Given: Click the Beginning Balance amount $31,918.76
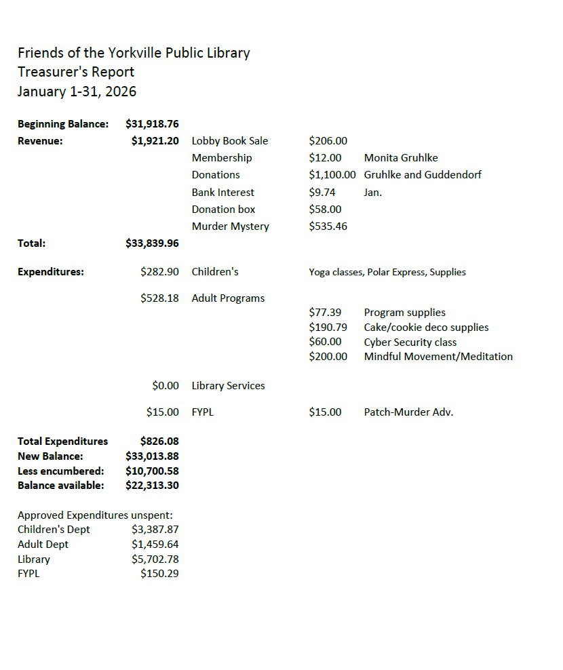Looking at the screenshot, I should [152, 124].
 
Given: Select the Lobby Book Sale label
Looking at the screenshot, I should [229, 141].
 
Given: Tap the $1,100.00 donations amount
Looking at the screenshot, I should [332, 175].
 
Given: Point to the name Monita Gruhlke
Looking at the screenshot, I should [400, 158].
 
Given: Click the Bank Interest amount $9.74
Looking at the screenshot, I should [322, 193].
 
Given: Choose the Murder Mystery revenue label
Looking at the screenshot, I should [230, 226].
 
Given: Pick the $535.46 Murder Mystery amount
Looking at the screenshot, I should [328, 226].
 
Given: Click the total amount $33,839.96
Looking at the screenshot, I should [152, 243].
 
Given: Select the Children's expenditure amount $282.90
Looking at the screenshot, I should [159, 272].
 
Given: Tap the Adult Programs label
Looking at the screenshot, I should [228, 298].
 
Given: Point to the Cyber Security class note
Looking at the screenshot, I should [410, 342].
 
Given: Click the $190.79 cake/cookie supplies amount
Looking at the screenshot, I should [328, 328].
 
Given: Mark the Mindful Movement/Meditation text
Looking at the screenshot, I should [438, 357].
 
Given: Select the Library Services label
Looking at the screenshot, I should [228, 386].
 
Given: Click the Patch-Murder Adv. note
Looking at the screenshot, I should [408, 412].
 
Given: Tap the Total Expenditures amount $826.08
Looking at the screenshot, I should [159, 441].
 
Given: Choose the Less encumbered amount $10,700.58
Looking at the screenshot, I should [152, 471].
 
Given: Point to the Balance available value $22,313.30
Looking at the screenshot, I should [152, 486].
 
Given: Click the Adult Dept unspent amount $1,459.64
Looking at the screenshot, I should [155, 545].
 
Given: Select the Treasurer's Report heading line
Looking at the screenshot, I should [76, 72].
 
